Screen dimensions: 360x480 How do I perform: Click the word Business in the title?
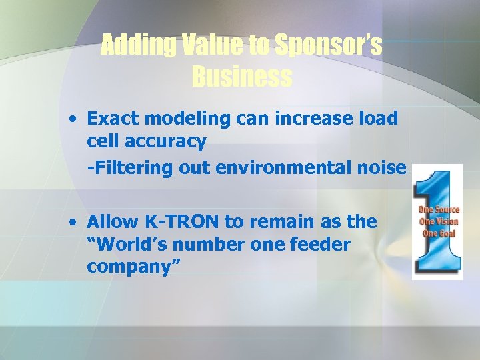[241, 77]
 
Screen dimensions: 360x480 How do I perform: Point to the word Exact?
[110, 119]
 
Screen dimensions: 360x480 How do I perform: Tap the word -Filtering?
[131, 168]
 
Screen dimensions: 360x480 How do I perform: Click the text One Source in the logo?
[439, 211]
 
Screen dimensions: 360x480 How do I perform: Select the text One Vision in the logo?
[439, 222]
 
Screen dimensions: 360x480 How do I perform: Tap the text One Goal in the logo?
[439, 233]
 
